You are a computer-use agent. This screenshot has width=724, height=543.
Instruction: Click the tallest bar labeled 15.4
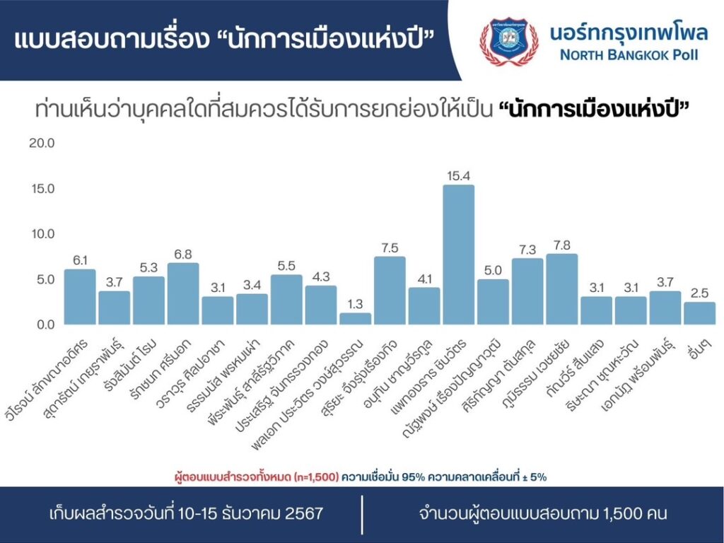tap(459, 255)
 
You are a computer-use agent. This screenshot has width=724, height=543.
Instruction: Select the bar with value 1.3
tap(355, 318)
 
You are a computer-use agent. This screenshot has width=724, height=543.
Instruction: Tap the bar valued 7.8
tap(562, 288)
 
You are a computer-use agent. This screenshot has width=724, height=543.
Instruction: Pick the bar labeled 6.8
tap(183, 293)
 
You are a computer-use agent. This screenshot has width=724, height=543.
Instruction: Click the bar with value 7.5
tap(390, 290)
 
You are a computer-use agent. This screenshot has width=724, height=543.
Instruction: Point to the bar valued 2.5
tap(700, 313)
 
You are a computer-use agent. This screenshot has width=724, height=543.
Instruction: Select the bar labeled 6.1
tap(79, 296)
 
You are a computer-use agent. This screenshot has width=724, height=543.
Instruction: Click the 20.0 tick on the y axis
tap(41, 144)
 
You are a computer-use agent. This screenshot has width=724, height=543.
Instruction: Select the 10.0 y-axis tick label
tap(41, 234)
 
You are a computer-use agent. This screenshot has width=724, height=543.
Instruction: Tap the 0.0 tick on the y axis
tap(44, 325)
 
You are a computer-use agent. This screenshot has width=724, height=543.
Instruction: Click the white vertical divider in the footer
tap(362, 514)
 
